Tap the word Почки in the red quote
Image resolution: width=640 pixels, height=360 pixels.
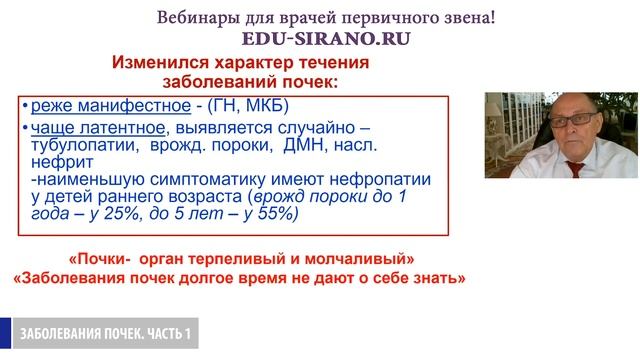(x=104, y=257)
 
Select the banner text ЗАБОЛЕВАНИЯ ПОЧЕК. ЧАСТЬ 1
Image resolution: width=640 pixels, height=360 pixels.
(x=104, y=331)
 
